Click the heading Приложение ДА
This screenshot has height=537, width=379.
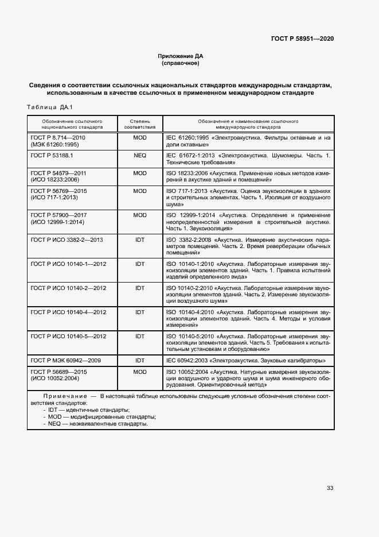click(181, 56)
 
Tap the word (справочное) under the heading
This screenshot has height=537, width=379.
click(181, 63)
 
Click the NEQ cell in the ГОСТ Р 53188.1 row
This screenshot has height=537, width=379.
click(140, 156)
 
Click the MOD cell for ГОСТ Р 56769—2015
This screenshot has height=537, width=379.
click(140, 190)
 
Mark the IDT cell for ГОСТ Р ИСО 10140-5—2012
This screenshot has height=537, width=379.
click(140, 336)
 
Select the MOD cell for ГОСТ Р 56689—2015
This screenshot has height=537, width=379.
click(140, 372)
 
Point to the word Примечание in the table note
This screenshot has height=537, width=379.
click(64, 396)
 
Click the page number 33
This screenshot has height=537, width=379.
click(330, 488)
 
